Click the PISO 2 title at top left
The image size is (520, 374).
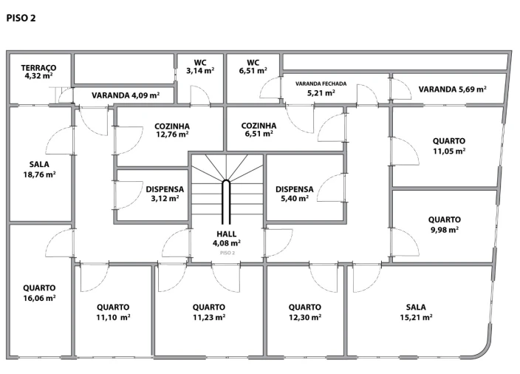pyautogui.click(x=21, y=18)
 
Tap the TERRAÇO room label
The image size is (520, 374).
pyautogui.click(x=39, y=67)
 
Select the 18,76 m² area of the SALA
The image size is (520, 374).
pyautogui.click(x=39, y=174)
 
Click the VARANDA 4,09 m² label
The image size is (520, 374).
pyautogui.click(x=126, y=95)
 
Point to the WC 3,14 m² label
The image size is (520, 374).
pyautogui.click(x=200, y=67)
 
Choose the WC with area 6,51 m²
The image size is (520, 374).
pyautogui.click(x=253, y=67)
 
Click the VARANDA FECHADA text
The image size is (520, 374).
pyautogui.click(x=321, y=84)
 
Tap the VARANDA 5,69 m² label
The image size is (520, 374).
pyautogui.click(x=452, y=89)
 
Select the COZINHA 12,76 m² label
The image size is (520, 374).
pyautogui.click(x=172, y=130)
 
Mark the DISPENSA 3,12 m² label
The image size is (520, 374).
pyautogui.click(x=165, y=194)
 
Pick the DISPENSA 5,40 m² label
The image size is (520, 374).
pyautogui.click(x=295, y=194)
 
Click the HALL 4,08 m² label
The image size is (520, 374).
pyautogui.click(x=227, y=239)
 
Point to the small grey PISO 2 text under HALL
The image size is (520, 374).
pyautogui.click(x=227, y=253)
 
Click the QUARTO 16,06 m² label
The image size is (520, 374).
pyautogui.click(x=39, y=293)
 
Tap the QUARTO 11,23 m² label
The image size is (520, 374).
pyautogui.click(x=209, y=312)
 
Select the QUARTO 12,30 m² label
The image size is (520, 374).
pyautogui.click(x=305, y=312)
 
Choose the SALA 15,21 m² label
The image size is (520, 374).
pyautogui.click(x=416, y=312)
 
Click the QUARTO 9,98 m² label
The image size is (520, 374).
pyautogui.click(x=445, y=225)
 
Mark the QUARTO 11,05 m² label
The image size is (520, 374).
pyautogui.click(x=449, y=146)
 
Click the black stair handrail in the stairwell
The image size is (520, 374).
pyautogui.click(x=226, y=203)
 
